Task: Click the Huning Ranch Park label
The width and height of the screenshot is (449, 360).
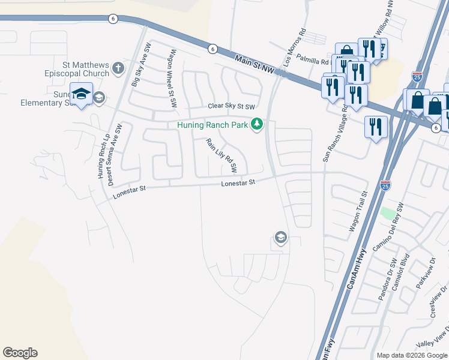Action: point(212,125)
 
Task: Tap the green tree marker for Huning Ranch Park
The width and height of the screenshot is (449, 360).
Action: point(258,124)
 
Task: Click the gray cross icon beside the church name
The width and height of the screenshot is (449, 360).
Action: point(118,68)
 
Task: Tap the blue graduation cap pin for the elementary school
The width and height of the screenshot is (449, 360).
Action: point(81,94)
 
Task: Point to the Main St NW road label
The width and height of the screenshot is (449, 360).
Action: point(255,64)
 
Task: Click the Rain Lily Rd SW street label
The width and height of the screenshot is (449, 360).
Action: point(225,155)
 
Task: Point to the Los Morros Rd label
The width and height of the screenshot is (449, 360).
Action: point(295,47)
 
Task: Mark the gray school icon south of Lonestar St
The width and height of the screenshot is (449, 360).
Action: point(280,238)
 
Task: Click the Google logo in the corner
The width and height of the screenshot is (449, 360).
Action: point(20,353)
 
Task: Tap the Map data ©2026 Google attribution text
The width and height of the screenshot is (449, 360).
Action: point(412,355)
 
